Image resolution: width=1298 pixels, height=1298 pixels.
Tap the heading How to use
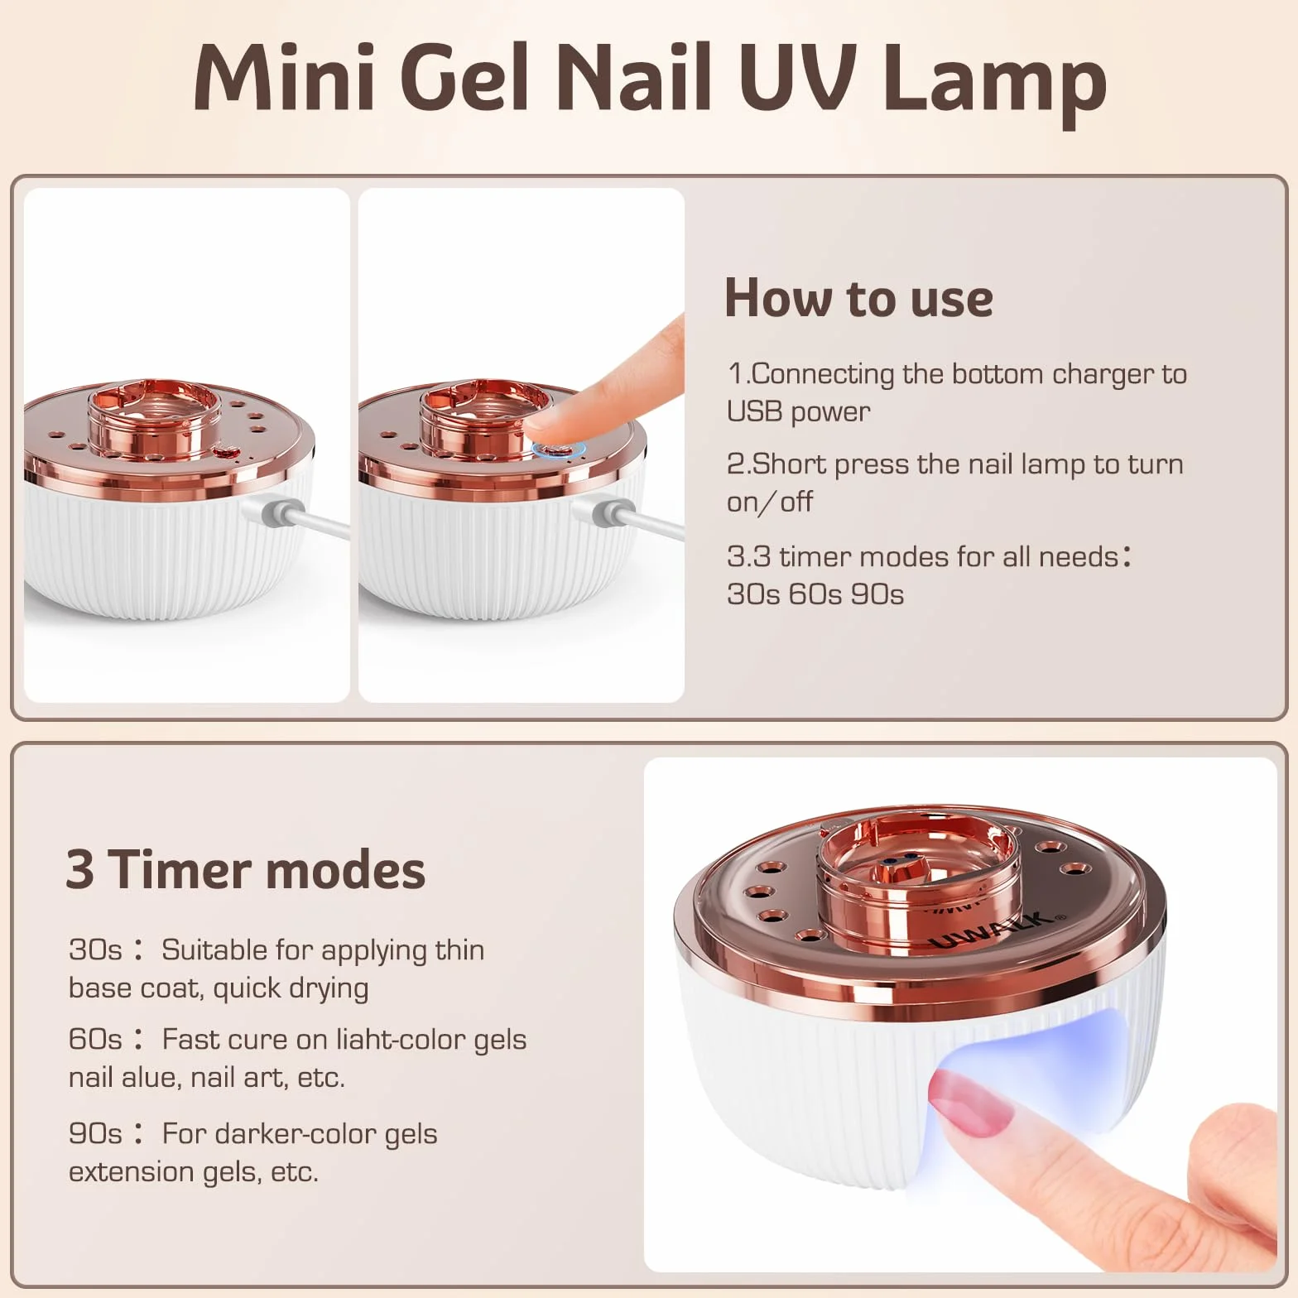pyautogui.click(x=858, y=298)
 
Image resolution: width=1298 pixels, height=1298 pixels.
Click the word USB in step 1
pyautogui.click(x=754, y=411)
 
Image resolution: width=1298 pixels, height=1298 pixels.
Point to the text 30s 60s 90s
pyautogui.click(x=815, y=594)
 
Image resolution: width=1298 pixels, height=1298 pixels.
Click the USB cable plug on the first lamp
pyautogui.click(x=276, y=512)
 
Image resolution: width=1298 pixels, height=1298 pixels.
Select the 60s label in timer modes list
pyautogui.click(x=95, y=1039)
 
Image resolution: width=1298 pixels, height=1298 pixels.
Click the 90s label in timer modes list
pyautogui.click(x=95, y=1133)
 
